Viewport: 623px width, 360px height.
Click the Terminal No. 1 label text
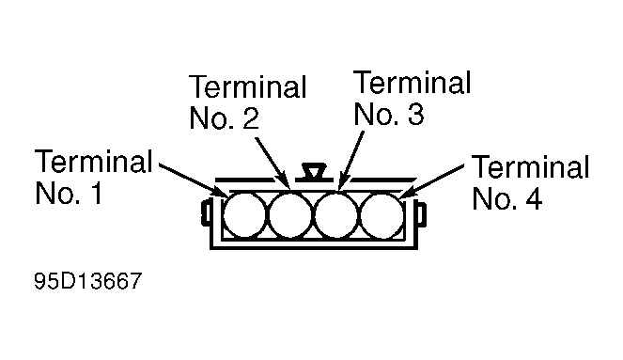93,177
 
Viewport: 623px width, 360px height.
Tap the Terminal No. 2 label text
247,102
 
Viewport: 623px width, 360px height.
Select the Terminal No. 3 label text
412,98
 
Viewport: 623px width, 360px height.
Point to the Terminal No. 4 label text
530,181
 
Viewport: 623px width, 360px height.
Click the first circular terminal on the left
244,215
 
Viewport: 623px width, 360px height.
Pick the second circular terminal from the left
290,215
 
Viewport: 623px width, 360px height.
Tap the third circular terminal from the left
336,215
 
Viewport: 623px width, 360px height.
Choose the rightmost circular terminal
382,215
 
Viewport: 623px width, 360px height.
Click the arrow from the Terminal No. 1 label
194,180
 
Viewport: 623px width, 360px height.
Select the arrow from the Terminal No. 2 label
273,163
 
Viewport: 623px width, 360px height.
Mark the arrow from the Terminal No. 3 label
350,160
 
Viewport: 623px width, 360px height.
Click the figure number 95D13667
87,281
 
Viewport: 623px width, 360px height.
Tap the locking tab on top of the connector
314,172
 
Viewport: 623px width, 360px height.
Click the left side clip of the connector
206,213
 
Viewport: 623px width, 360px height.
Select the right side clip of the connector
421,214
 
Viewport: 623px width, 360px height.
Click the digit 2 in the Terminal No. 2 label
251,118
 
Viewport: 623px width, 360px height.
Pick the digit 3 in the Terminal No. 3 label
415,114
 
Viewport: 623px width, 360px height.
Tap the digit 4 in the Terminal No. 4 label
534,198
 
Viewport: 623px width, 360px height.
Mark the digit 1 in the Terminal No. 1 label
96,193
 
